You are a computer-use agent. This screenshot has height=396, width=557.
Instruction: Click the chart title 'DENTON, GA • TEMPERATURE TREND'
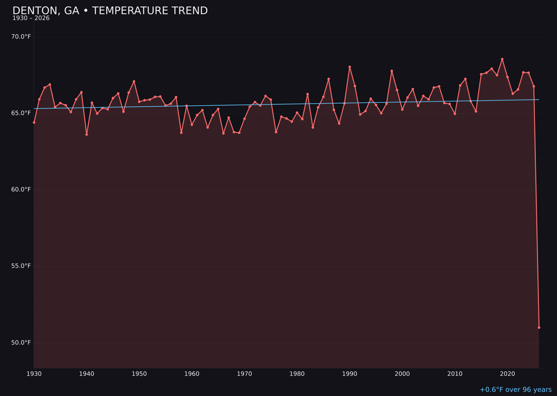[110, 11]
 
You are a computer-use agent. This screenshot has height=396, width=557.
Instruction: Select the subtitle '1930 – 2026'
[31, 19]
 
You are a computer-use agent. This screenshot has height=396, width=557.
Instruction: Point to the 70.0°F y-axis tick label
[21, 37]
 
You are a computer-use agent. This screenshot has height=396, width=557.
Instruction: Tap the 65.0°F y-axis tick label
[21, 113]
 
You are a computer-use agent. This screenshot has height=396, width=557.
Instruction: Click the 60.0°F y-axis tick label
[21, 189]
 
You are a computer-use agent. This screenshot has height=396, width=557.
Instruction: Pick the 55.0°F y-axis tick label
[21, 266]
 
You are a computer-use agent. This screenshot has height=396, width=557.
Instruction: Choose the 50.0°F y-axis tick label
[21, 342]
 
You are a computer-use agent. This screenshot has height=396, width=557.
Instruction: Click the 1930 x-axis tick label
[34, 374]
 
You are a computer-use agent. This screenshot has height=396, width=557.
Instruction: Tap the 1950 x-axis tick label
[139, 374]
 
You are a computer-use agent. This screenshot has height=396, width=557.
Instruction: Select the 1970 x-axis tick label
[244, 374]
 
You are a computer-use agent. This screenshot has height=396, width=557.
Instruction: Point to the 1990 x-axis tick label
[350, 374]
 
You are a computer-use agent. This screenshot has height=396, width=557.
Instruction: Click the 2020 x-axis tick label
[507, 374]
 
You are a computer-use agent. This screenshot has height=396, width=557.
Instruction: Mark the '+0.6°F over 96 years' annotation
[515, 390]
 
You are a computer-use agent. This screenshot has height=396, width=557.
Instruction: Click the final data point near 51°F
[539, 327]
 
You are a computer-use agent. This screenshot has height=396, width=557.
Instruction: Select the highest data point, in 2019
[502, 59]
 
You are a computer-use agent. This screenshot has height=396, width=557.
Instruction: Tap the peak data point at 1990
[350, 67]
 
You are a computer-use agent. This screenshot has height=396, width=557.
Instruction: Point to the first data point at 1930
[34, 122]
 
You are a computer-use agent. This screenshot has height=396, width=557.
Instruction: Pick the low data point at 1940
[87, 135]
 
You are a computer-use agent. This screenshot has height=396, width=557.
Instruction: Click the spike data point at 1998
[391, 71]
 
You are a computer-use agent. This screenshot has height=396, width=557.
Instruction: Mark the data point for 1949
[134, 81]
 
